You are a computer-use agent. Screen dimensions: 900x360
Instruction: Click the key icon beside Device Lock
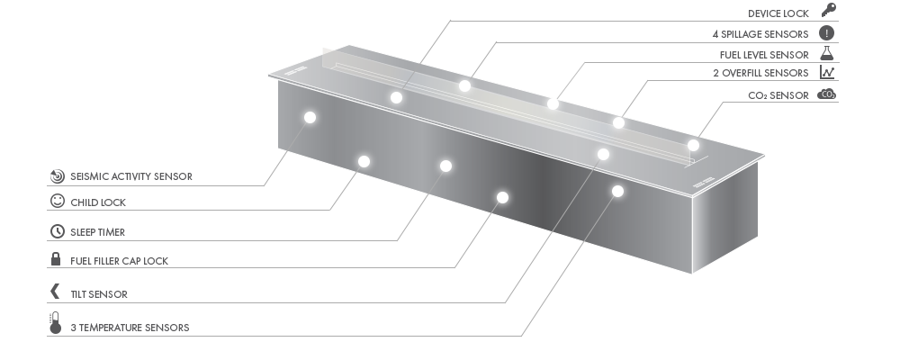coord(828,10)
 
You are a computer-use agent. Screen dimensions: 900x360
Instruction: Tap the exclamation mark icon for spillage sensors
coord(826,33)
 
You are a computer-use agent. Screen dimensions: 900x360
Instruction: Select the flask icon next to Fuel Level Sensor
coord(826,53)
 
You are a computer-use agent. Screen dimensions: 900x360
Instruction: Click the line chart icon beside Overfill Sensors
coord(827,72)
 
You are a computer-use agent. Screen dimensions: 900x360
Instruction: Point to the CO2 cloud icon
coord(826,94)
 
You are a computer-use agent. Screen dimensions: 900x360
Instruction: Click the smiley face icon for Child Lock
coord(58,201)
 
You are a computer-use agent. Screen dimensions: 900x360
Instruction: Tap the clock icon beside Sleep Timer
coord(58,230)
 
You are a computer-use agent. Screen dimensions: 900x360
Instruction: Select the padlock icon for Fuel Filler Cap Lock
coord(56,259)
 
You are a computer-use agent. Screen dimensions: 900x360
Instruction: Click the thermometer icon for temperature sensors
coord(55,323)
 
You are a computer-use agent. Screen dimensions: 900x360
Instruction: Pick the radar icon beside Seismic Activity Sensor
coord(57,175)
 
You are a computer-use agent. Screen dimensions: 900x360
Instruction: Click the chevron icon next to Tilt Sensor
coord(55,291)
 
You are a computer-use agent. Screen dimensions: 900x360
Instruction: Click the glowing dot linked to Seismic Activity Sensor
coord(310,118)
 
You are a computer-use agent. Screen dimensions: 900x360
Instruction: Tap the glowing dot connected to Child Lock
coord(364,161)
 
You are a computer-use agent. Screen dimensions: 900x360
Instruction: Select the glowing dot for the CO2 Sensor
coord(693,145)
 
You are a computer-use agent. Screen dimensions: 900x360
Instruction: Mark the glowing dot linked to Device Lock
coord(396,97)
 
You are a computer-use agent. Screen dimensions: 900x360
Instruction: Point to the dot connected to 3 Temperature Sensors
coord(617,191)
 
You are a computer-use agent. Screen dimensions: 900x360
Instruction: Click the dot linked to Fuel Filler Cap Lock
coord(502,197)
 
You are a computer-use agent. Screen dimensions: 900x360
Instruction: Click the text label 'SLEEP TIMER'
coord(97,232)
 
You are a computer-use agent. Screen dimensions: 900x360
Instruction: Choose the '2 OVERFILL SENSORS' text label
coord(760,73)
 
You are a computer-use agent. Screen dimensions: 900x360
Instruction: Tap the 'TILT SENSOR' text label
coord(99,294)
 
